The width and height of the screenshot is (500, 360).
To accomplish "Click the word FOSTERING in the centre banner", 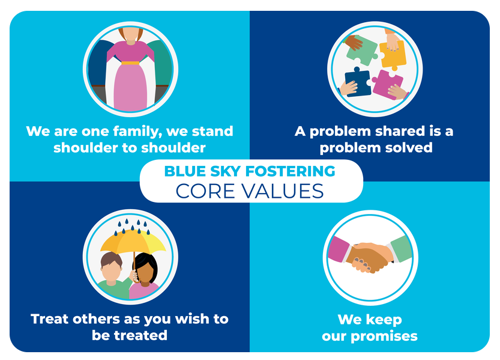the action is (290, 171).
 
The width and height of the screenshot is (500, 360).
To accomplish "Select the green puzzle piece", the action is (361, 51).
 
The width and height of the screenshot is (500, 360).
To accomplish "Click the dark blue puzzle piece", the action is (358, 81).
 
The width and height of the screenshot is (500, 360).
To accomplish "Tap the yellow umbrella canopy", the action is (133, 241).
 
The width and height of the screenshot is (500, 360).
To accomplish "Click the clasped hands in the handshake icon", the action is (369, 256).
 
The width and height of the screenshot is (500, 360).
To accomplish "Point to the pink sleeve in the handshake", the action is (338, 249).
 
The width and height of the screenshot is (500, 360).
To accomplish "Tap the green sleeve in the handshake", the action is (402, 248).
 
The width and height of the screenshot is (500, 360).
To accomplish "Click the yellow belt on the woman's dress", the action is (130, 63).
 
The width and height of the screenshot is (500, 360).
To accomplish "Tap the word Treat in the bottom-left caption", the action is (50, 319).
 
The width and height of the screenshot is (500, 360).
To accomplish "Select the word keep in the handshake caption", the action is (384, 320).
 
